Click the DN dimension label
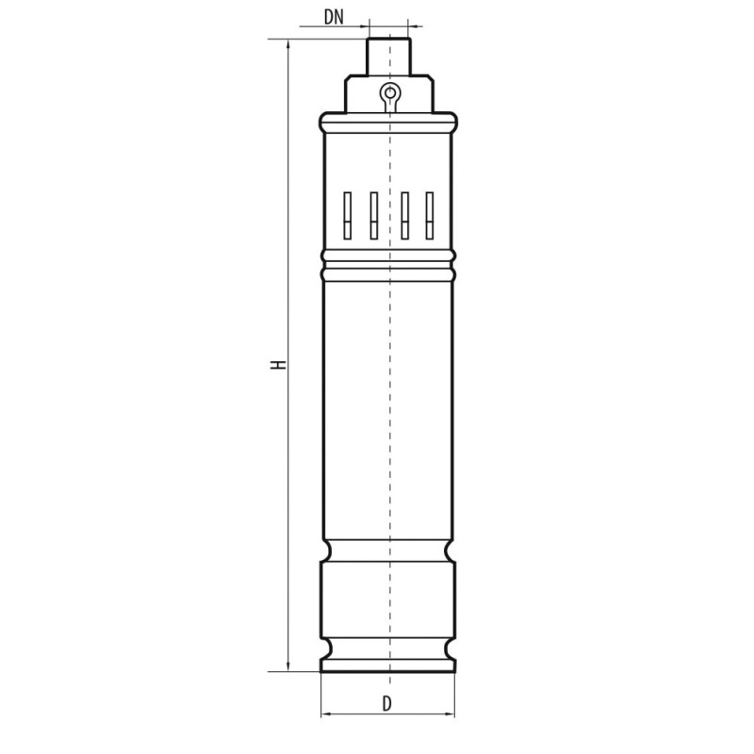tap(333, 16)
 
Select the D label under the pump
tap(386, 703)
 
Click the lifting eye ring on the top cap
tap(388, 92)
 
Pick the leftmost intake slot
tap(347, 216)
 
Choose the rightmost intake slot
tap(430, 216)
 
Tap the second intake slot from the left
tap(373, 216)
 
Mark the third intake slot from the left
tap(404, 216)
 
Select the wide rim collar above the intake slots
tap(388, 122)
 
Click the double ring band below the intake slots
tap(388, 263)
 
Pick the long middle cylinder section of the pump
tap(388, 405)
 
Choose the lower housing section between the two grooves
tap(388, 598)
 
